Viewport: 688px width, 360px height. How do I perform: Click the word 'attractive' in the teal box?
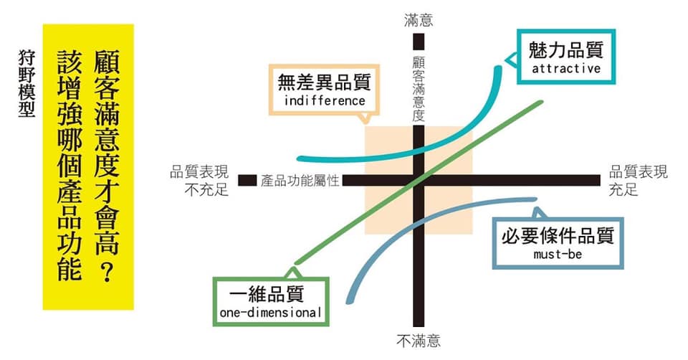coord(566,69)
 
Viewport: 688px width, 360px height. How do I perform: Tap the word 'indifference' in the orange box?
coord(325,100)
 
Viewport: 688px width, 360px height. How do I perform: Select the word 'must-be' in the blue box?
coord(558,254)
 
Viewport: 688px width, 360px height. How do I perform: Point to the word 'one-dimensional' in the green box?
coord(271,312)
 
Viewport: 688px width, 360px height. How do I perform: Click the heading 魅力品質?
coord(566,49)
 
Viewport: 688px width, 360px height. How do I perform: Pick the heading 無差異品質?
coord(324,82)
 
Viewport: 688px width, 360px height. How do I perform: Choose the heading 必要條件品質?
coord(558,236)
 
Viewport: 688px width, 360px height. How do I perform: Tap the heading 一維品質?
coord(267,294)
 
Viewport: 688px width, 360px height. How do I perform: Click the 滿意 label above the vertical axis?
coord(419,20)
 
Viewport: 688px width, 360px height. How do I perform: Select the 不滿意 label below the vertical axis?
coord(419,341)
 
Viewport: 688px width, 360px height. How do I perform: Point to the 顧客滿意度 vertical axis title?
coord(419,87)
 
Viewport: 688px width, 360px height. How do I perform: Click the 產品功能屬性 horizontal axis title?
coord(300,181)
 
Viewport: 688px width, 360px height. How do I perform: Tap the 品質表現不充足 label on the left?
coord(200,181)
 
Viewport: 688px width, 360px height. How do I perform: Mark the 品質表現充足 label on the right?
coord(638,181)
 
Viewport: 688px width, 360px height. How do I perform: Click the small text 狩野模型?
coord(27,83)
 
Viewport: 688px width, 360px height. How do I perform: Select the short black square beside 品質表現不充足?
coord(247,181)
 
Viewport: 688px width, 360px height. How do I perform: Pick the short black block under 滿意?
coord(419,42)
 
